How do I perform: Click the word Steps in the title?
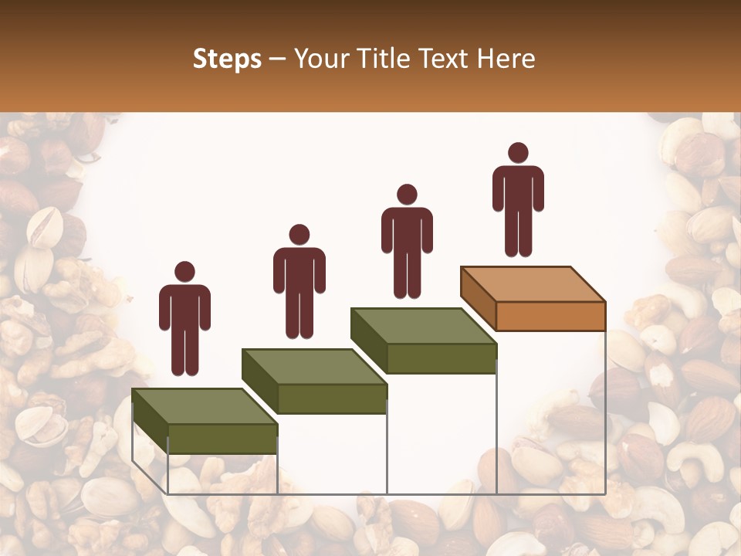pos(227,59)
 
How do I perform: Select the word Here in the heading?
pos(506,59)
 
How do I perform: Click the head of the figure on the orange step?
pos(518,153)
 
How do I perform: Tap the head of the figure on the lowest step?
pos(184,272)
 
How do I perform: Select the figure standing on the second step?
pos(299,286)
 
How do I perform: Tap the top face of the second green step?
pos(313,366)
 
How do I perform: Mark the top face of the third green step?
pos(423,326)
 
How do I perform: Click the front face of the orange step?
pos(550,316)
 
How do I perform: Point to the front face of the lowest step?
pos(222,439)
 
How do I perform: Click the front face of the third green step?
pos(441,358)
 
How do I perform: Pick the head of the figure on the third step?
pos(407,195)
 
